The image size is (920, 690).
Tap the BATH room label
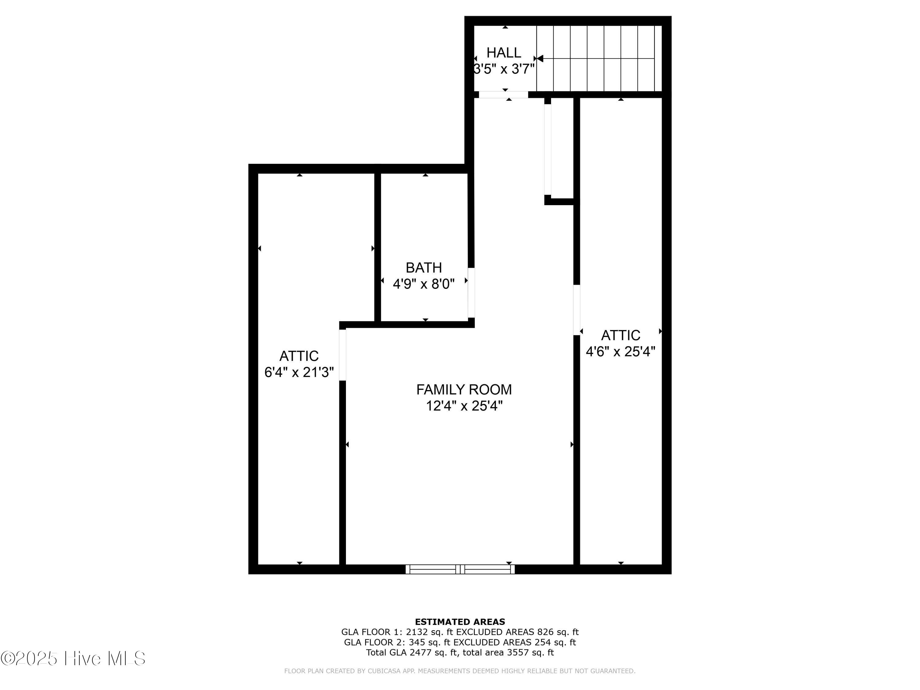[x=424, y=267]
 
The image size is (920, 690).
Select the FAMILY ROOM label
[x=464, y=390]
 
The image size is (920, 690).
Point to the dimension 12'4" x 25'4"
[x=464, y=406]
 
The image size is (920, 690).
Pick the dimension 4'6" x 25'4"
[x=621, y=351]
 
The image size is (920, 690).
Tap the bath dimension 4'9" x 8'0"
[x=424, y=284]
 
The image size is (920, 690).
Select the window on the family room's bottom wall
[x=460, y=569]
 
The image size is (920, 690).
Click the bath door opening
[x=471, y=293]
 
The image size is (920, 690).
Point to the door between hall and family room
[x=503, y=95]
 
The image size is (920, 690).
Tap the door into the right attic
[x=577, y=310]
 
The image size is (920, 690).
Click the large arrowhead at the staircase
[x=540, y=59]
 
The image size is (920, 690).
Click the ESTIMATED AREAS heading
[x=460, y=622]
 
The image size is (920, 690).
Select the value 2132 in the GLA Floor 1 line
[x=417, y=632]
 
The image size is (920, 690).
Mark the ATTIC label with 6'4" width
[x=299, y=356]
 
